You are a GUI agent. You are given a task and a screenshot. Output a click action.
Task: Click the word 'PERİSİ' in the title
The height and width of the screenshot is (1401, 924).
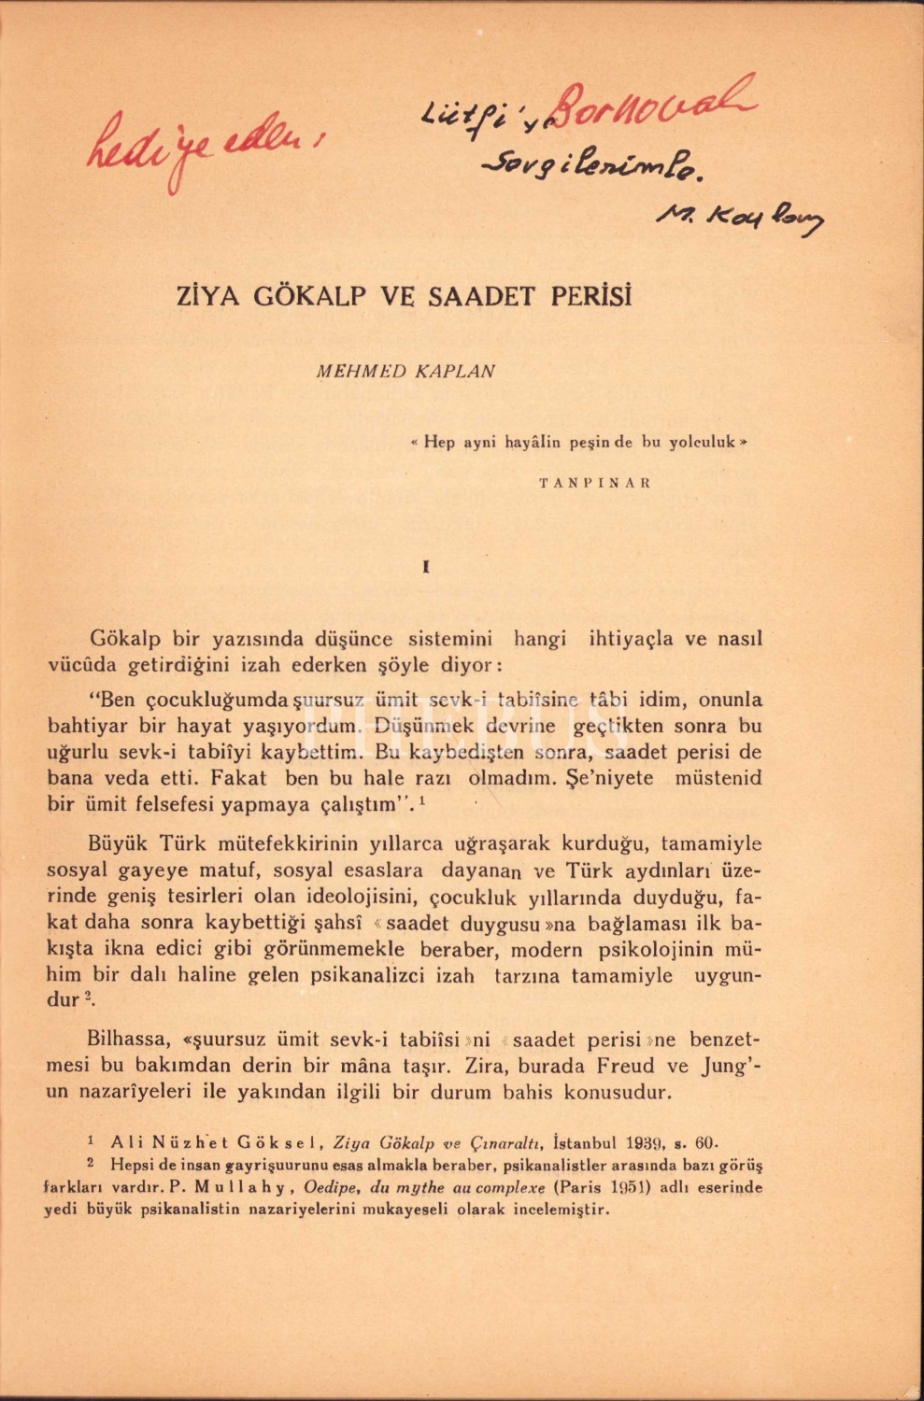(590, 297)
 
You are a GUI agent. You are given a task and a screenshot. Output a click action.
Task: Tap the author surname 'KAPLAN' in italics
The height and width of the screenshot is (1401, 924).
(457, 372)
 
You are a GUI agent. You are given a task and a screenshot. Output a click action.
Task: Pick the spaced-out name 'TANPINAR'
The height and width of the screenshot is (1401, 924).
(595, 484)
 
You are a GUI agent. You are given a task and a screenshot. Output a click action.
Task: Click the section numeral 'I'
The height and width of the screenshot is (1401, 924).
(426, 567)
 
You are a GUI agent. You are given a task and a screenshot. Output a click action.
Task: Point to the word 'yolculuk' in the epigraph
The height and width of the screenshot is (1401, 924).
(701, 443)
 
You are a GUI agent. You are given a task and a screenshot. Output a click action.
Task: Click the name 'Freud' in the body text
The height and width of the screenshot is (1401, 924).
(623, 1066)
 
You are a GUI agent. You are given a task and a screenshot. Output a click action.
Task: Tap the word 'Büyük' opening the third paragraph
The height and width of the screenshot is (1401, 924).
(118, 843)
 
